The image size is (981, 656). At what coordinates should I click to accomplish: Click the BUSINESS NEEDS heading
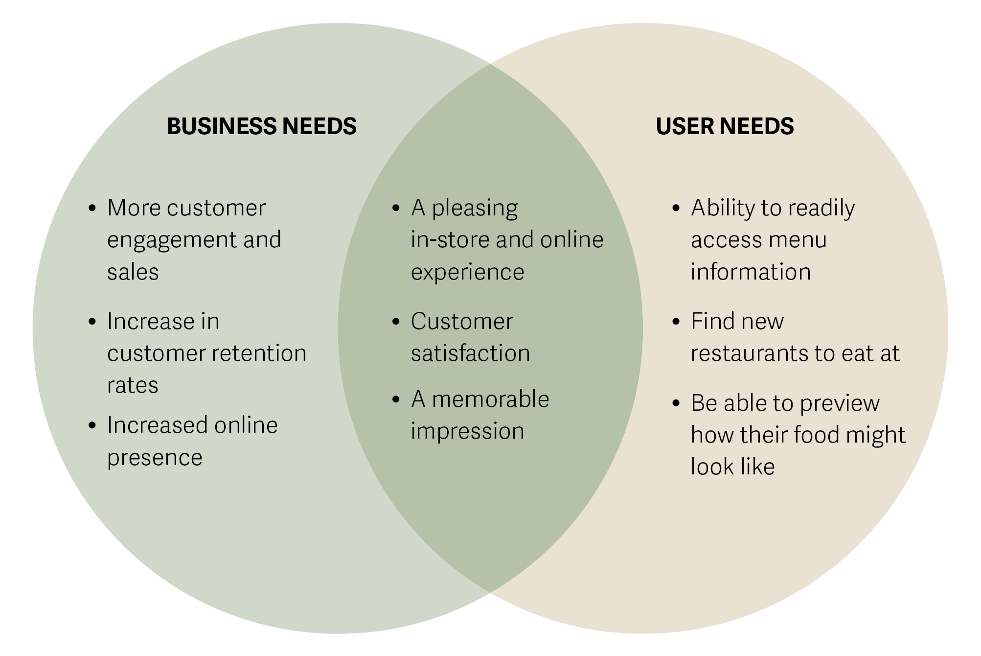[x=261, y=126]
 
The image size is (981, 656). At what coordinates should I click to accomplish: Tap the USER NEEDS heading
[x=724, y=126]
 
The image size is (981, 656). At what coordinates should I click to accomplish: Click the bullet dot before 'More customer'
[x=92, y=209]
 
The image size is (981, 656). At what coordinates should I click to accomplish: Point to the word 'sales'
[x=133, y=272]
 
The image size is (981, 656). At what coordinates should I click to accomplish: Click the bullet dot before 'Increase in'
[x=92, y=322]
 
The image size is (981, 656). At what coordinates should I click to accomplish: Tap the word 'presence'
[x=155, y=458]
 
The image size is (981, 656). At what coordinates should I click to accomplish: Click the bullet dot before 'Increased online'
[x=92, y=425]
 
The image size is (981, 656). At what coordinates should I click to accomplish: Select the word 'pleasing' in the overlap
[x=474, y=209]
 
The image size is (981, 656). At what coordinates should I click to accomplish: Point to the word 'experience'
[x=467, y=272]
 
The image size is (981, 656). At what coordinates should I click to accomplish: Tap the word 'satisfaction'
[x=470, y=353]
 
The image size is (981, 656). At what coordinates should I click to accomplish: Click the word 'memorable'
[x=490, y=399]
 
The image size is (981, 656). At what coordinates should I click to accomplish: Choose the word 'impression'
[x=467, y=431]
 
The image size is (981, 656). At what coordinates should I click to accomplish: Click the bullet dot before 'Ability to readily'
[x=676, y=209]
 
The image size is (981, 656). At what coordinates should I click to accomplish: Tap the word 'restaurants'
[x=749, y=353]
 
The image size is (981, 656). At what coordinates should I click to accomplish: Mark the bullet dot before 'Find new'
[x=676, y=322]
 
